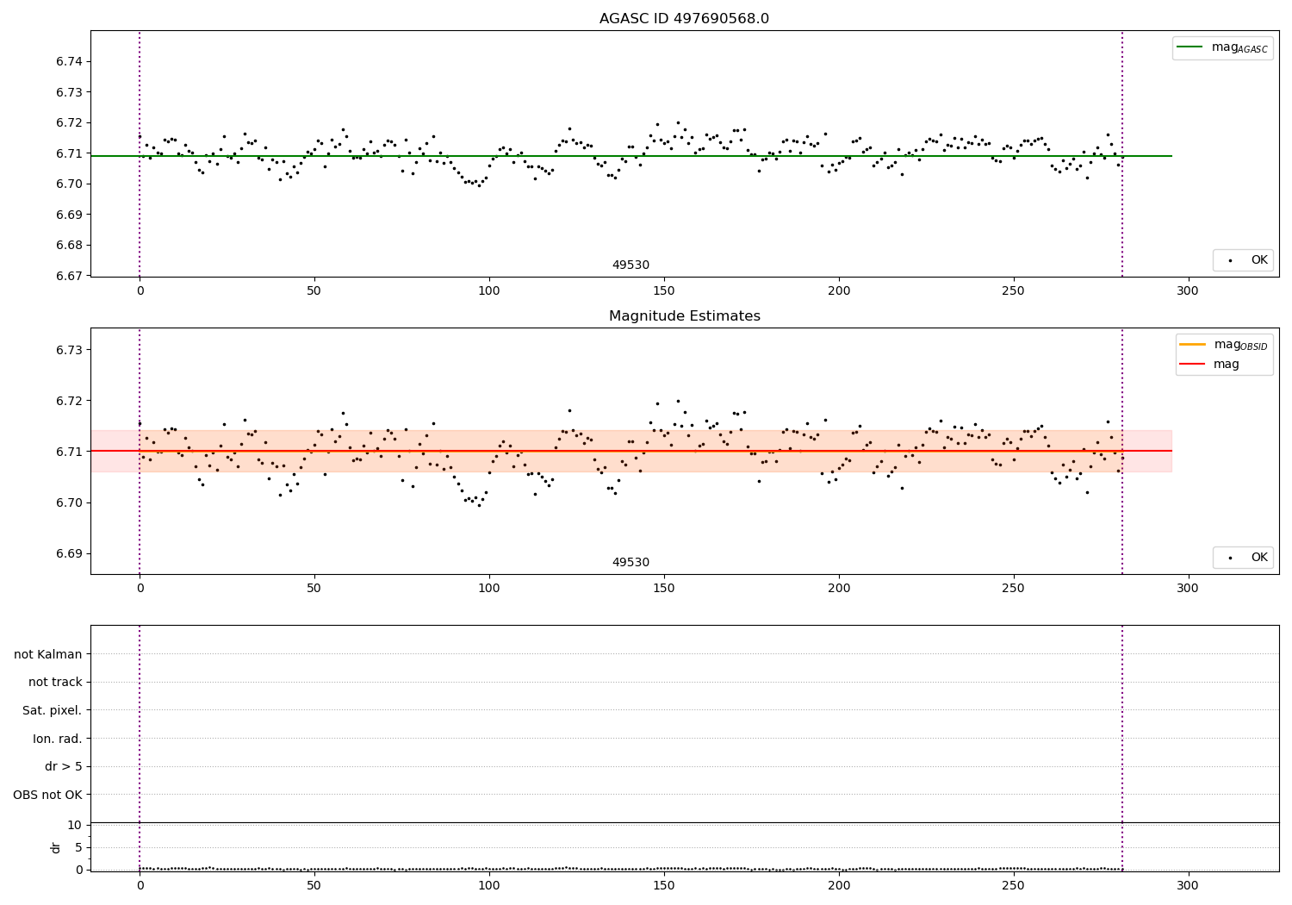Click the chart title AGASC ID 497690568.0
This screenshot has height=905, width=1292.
(x=684, y=19)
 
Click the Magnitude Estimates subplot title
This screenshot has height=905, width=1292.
(x=684, y=316)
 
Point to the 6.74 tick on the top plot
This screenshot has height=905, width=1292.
(x=71, y=62)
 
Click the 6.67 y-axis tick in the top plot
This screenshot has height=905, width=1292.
(x=71, y=276)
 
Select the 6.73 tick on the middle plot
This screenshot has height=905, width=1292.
(x=71, y=350)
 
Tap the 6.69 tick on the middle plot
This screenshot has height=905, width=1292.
(x=71, y=553)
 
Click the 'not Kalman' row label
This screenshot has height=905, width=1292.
(x=48, y=654)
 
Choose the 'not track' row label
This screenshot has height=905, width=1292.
(x=55, y=682)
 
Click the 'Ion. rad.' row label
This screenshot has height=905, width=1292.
(x=58, y=739)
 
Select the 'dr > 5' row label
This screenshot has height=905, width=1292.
(x=64, y=766)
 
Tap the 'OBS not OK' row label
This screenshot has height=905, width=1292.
(x=48, y=795)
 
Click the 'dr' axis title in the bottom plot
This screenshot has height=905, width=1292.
(x=56, y=847)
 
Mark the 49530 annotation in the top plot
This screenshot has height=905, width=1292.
(x=630, y=265)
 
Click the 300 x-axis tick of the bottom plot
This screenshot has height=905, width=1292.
(x=1188, y=885)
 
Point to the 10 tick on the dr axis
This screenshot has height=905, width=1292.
(x=76, y=825)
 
